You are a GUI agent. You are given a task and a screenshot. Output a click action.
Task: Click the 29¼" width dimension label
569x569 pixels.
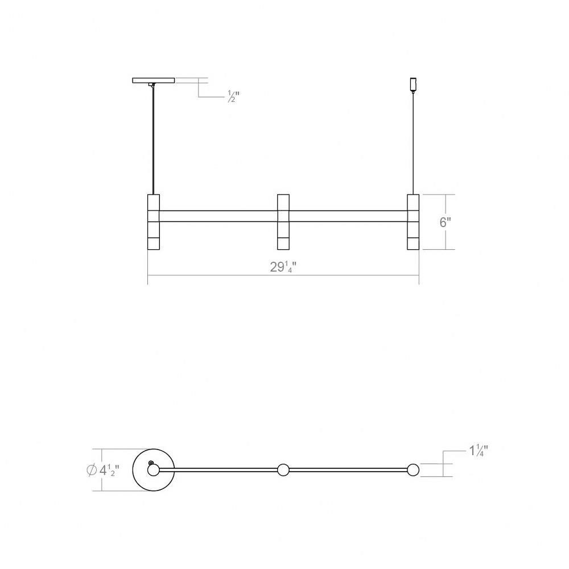pyautogui.click(x=283, y=267)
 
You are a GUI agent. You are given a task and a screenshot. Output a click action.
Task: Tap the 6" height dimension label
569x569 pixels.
pyautogui.click(x=446, y=222)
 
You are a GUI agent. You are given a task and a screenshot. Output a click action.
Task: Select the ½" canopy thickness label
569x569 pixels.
pyautogui.click(x=234, y=97)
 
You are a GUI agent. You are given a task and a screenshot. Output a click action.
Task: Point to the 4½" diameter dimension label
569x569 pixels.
pyautogui.click(x=109, y=471)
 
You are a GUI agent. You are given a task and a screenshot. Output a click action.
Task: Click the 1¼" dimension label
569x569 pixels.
pyautogui.click(x=479, y=451)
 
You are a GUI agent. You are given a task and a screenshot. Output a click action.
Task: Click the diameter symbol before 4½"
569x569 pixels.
pyautogui.click(x=92, y=470)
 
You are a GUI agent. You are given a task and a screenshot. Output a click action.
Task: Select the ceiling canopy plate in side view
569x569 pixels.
pyautogui.click(x=154, y=80)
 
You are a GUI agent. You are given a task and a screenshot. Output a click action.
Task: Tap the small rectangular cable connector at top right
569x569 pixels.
pyautogui.click(x=413, y=85)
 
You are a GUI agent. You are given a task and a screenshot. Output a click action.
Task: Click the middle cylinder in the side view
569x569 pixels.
pyautogui.click(x=283, y=222)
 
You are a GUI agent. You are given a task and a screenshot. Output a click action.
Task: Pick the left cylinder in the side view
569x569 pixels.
pyautogui.click(x=154, y=222)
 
